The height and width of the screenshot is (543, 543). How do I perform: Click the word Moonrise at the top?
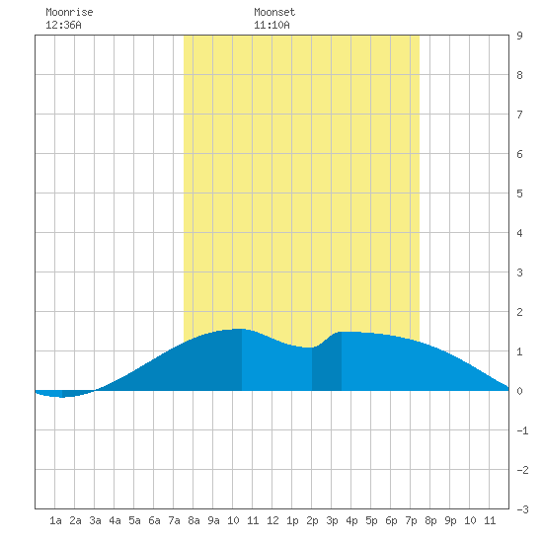69,12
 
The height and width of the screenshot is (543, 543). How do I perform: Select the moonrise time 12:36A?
64,25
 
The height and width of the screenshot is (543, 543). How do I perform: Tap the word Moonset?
274,12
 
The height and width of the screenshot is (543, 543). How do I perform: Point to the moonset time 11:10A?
271,25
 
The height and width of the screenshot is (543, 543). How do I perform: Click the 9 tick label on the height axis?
519,36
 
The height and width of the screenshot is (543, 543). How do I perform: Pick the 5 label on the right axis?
519,194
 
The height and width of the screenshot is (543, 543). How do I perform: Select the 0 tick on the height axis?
519,391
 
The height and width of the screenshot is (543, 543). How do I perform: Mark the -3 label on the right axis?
522,509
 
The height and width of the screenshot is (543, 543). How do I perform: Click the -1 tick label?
522,430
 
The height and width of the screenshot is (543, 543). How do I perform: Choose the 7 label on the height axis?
519,115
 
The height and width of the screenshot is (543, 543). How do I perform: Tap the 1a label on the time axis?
55,520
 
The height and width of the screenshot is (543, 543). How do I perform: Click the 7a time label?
174,520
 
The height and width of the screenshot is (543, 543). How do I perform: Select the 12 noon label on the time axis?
272,520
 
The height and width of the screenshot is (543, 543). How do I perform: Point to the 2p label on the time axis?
312,520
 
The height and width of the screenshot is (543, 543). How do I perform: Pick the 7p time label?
411,520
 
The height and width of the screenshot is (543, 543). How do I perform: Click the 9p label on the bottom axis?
450,520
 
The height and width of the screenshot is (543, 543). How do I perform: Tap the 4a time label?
115,520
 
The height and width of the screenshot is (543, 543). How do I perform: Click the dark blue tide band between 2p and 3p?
327,367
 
